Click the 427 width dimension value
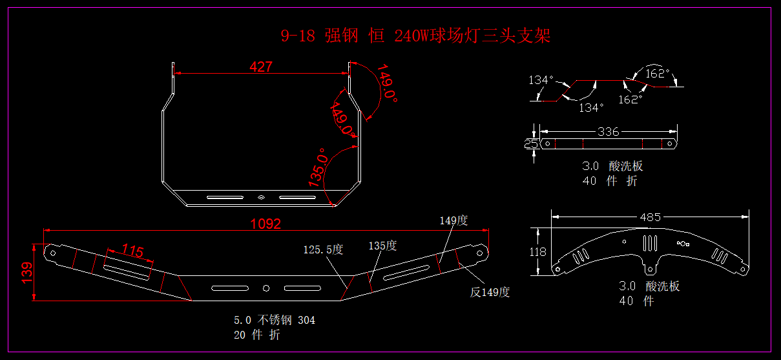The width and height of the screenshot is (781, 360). pyautogui.click(x=261, y=67)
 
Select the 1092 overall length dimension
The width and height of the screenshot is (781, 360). pyautogui.click(x=266, y=224)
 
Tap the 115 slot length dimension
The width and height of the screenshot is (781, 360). pyautogui.click(x=132, y=251)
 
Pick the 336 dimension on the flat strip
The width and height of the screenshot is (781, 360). pyautogui.click(x=608, y=132)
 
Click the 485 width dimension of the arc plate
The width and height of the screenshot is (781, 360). pyautogui.click(x=650, y=217)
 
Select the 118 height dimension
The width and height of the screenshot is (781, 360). pyautogui.click(x=537, y=252)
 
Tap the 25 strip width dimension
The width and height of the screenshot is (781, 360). pyautogui.click(x=531, y=143)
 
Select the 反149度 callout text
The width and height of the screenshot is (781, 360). pyautogui.click(x=490, y=292)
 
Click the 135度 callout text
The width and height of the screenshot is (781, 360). pyautogui.click(x=382, y=246)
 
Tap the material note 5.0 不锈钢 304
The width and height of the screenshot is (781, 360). pyautogui.click(x=275, y=319)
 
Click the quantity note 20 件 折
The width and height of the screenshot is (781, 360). pyautogui.click(x=257, y=335)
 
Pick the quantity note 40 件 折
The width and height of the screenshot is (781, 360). pyautogui.click(x=610, y=181)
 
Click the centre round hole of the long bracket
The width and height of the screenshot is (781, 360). pyautogui.click(x=266, y=288)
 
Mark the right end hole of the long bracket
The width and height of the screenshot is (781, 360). pyautogui.click(x=479, y=253)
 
